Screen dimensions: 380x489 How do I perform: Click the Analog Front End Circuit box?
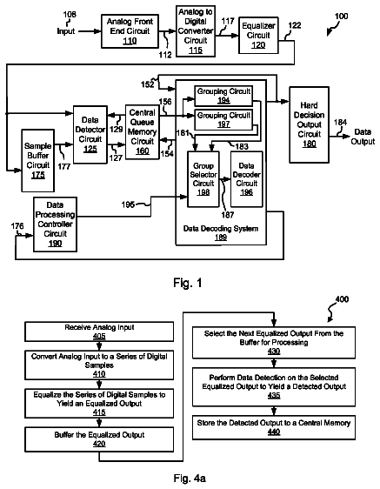click(130, 31)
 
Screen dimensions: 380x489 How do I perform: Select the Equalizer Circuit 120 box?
click(258, 36)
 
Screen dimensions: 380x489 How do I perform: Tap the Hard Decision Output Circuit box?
click(309, 124)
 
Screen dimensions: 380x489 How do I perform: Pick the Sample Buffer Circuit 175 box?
click(37, 161)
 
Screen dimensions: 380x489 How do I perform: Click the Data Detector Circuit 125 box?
click(90, 134)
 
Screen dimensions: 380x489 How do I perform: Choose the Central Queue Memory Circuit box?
click(142, 132)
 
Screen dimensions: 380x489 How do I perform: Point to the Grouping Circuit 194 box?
click(223, 96)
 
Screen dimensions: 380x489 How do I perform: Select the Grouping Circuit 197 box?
click(223, 120)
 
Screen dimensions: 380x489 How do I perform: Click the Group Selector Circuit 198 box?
click(203, 179)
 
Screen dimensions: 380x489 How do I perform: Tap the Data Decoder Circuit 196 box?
click(246, 179)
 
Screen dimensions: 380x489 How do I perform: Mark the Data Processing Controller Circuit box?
click(55, 224)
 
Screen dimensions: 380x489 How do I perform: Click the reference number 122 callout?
click(295, 25)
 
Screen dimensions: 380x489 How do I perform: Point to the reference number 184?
click(340, 123)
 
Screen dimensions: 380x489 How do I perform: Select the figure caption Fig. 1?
click(188, 283)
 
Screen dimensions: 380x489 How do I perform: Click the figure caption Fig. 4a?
click(190, 478)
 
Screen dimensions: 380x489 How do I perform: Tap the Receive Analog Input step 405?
click(99, 332)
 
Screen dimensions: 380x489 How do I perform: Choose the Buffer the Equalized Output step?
click(99, 439)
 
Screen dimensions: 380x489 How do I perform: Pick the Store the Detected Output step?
click(274, 427)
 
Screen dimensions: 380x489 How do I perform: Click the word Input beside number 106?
click(66, 31)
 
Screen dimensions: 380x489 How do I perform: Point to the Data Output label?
click(363, 137)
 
